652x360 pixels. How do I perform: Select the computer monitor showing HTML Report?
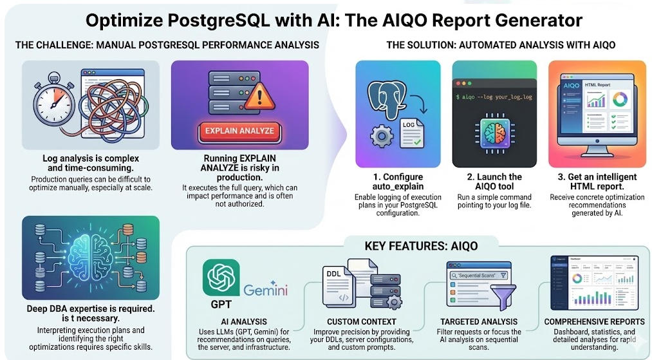coord(589,113)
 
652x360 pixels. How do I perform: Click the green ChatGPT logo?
coord(221,278)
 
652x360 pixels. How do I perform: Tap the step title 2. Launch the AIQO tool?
coord(494,182)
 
